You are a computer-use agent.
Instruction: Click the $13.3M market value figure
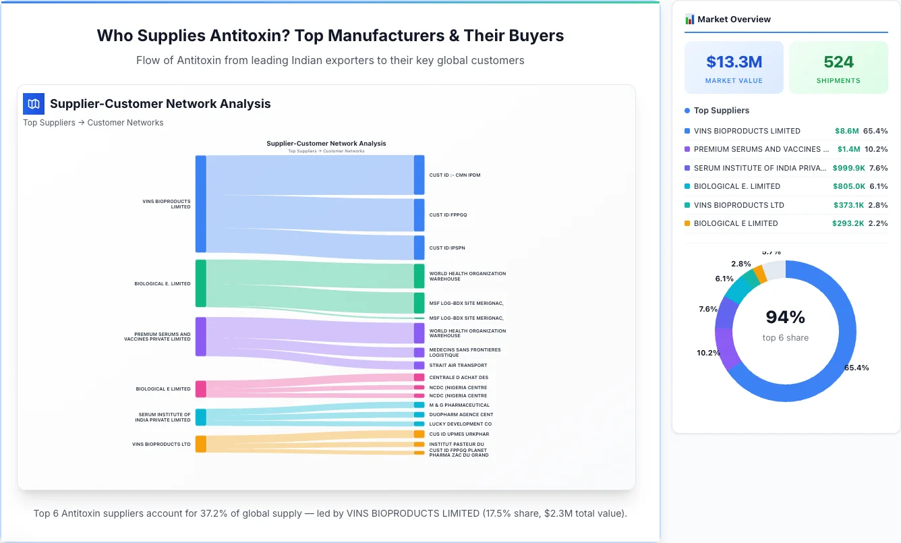pyautogui.click(x=734, y=62)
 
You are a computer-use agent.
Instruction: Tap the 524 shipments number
pyautogui.click(x=838, y=62)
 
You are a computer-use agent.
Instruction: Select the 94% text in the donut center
pyautogui.click(x=785, y=317)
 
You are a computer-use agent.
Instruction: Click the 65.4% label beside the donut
pyautogui.click(x=856, y=368)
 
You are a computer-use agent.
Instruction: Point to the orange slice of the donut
pyautogui.click(x=759, y=274)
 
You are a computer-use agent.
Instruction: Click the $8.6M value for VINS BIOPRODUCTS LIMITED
pyautogui.click(x=846, y=131)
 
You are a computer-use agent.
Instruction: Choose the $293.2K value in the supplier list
pyautogui.click(x=848, y=223)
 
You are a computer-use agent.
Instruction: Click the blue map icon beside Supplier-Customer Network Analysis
pyautogui.click(x=33, y=104)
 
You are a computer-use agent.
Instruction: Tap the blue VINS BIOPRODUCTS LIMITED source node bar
pyautogui.click(x=200, y=204)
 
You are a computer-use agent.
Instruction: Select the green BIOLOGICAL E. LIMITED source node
pyautogui.click(x=200, y=283)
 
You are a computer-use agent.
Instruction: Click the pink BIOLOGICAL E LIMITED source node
pyautogui.click(x=200, y=389)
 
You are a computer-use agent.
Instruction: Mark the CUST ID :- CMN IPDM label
pyautogui.click(x=455, y=175)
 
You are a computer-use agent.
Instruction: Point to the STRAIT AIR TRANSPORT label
pyautogui.click(x=458, y=366)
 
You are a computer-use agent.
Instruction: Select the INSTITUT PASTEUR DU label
pyautogui.click(x=457, y=444)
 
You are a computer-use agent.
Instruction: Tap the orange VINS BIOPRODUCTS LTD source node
pyautogui.click(x=200, y=444)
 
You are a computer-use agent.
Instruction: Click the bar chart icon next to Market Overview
pyautogui.click(x=689, y=20)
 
